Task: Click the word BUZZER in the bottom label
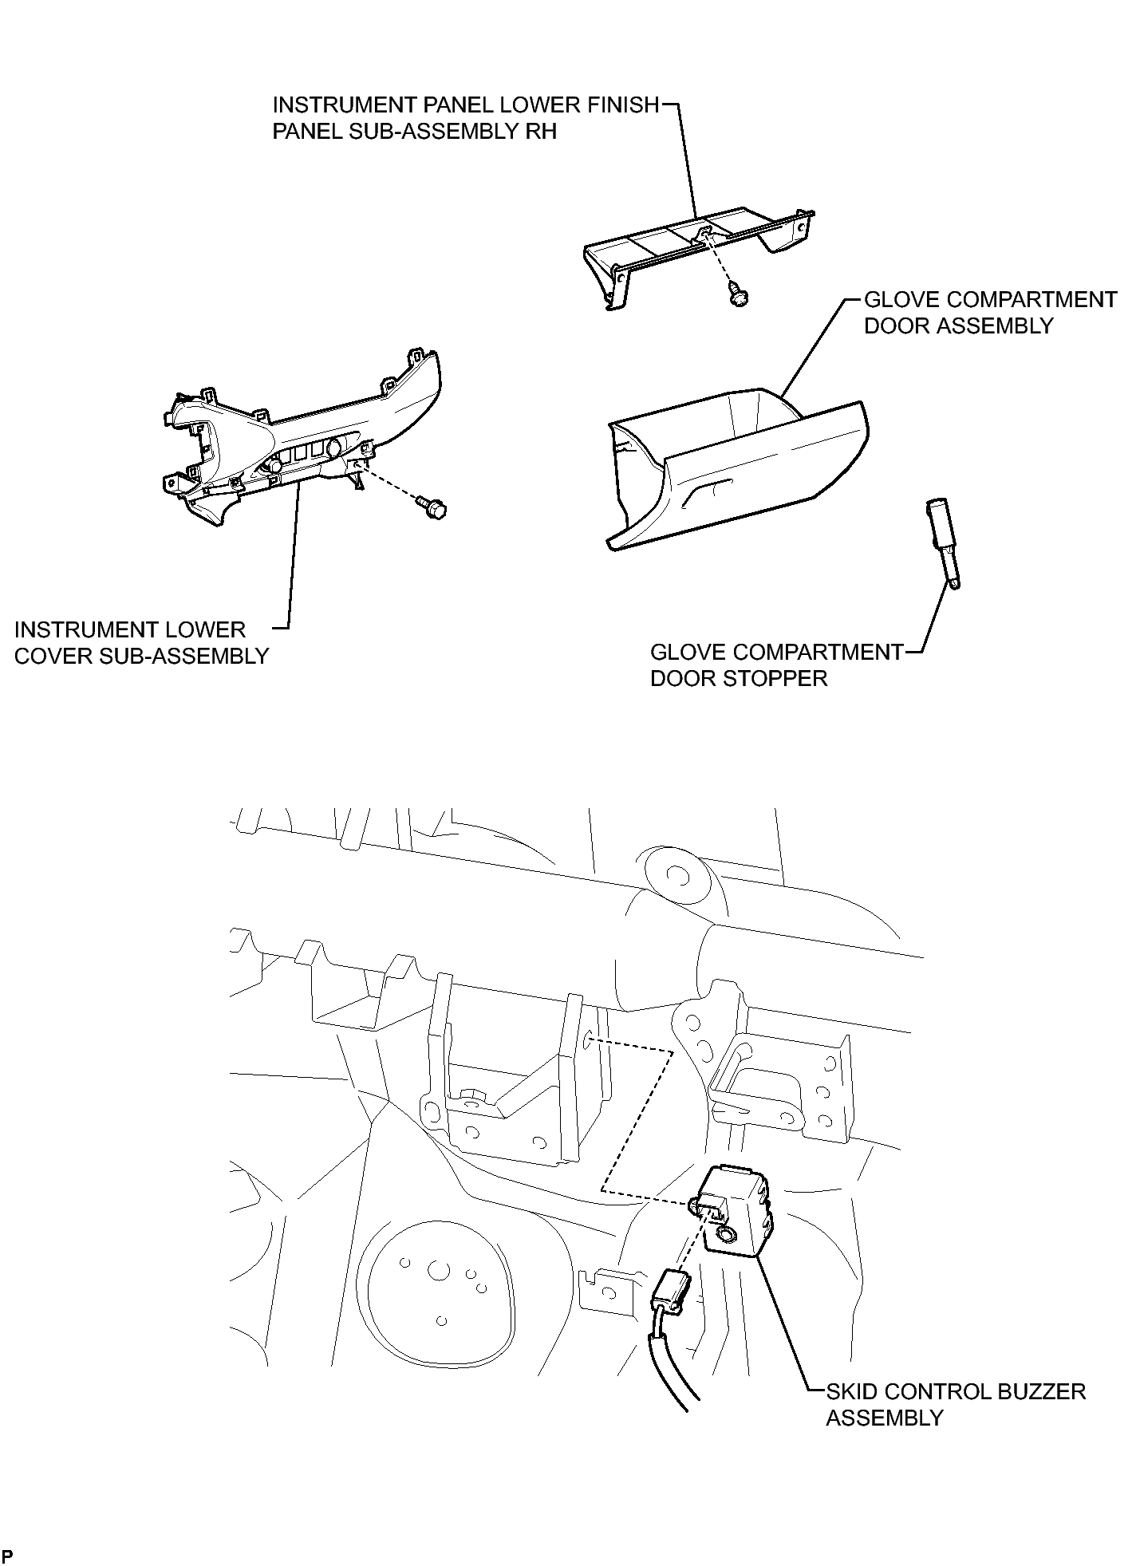tap(1035, 1391)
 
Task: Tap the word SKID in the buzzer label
tap(850, 1391)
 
